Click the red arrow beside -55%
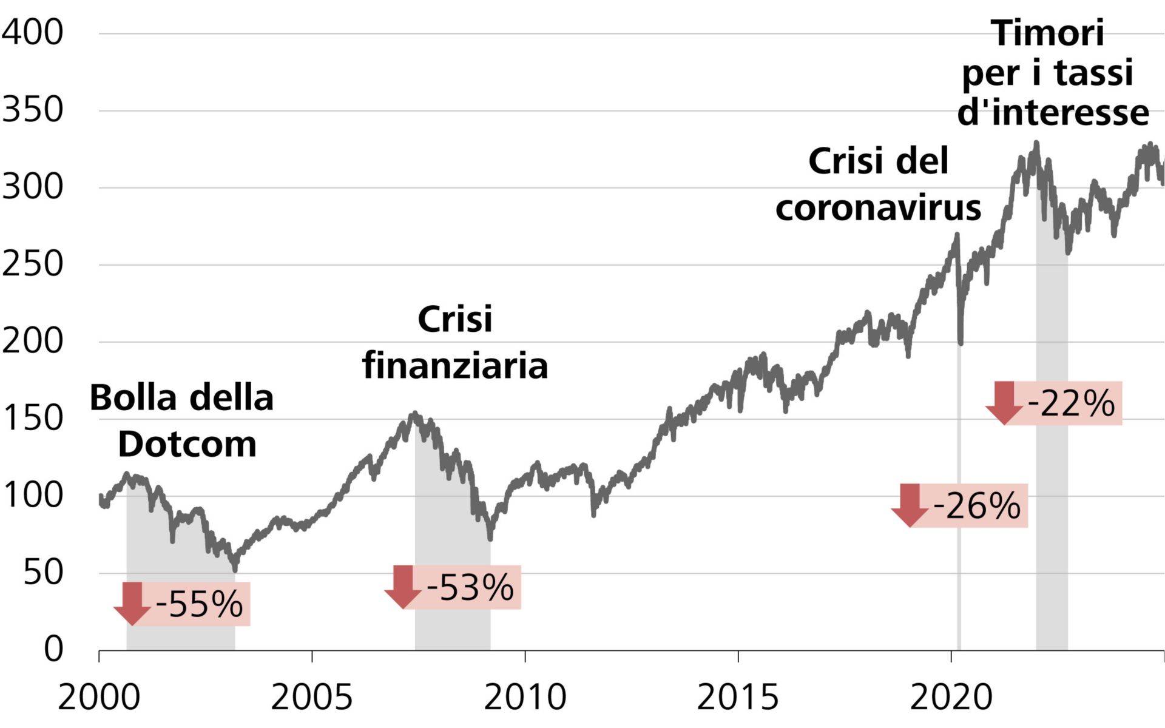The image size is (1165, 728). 132,603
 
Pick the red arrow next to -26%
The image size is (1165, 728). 910,505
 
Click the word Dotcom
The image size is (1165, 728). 187,444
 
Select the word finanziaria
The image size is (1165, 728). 455,365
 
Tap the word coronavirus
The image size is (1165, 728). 878,208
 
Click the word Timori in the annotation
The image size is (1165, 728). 1047,33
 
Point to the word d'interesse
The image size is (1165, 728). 1053,113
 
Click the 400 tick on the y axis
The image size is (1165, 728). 33,32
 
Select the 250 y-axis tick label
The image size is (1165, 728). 33,264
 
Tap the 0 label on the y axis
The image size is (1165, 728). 53,649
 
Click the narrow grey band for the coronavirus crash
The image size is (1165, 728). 959,546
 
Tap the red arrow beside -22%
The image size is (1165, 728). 1004,402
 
